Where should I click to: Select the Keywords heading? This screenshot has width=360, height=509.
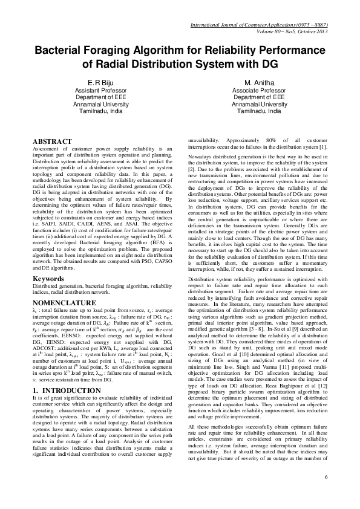point(49,279)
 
